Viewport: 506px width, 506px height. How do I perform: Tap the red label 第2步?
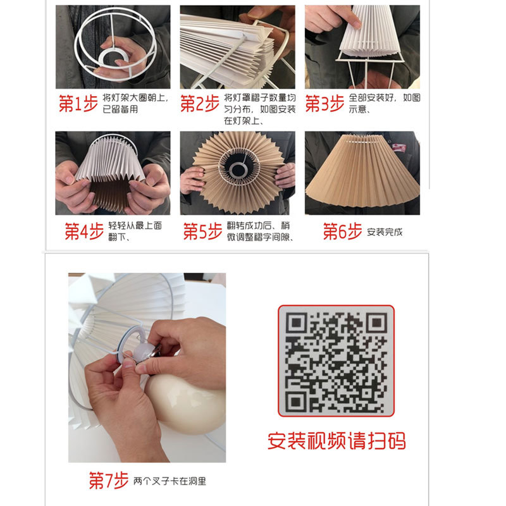(201, 104)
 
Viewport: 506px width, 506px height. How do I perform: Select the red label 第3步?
(325, 104)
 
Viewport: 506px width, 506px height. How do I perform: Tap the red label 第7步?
(108, 481)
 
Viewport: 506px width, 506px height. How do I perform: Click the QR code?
(336, 361)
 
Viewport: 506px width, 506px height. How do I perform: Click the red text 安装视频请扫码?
(336, 440)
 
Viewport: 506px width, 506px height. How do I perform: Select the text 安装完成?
(385, 232)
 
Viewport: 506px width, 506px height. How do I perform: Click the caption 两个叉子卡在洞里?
(170, 481)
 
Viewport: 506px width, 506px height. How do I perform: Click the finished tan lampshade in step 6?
(362, 177)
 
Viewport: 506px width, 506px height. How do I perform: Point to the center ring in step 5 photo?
(238, 169)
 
